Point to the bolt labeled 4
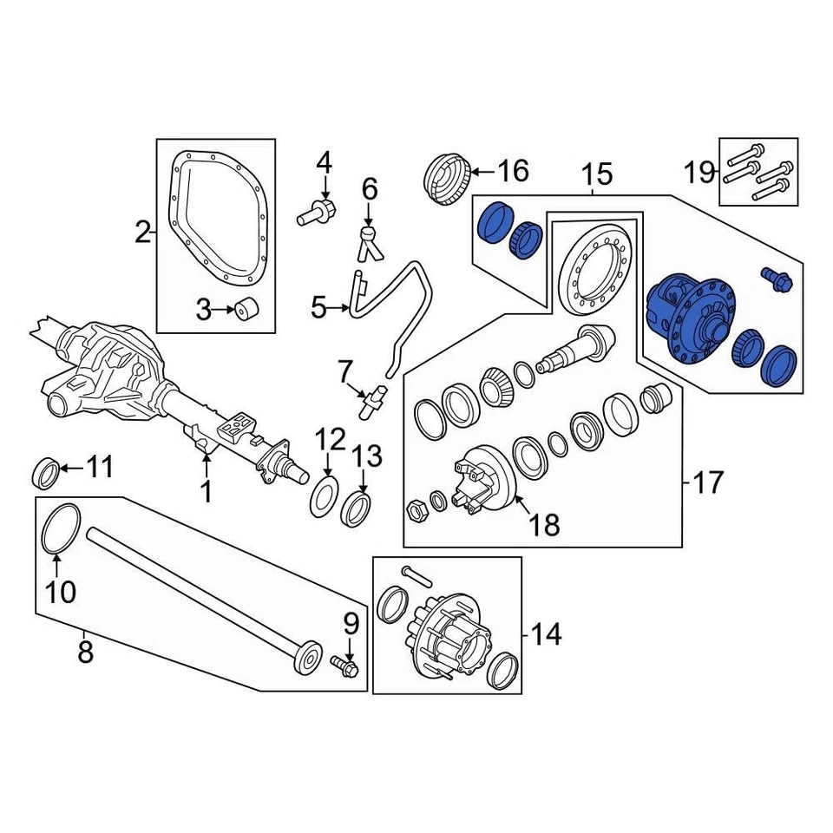pos(318,212)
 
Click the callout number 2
pos(142,232)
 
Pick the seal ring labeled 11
pos(47,471)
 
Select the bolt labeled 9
pos(345,666)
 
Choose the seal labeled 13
pos(357,508)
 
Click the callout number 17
pos(708,482)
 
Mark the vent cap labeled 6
pos(369,237)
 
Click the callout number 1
pos(206,492)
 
